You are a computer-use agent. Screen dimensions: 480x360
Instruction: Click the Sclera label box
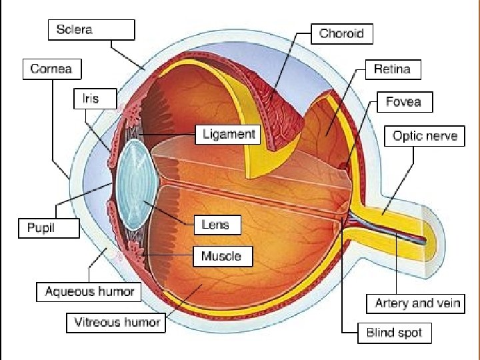click(91, 30)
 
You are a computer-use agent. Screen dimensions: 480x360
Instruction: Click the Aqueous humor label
click(89, 291)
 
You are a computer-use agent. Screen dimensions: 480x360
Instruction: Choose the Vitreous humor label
click(117, 323)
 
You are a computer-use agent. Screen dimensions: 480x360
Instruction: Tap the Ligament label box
click(229, 135)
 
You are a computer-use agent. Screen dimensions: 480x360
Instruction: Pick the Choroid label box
click(341, 33)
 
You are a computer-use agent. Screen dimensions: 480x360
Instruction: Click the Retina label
click(392, 69)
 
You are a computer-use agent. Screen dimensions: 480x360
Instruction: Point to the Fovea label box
click(404, 102)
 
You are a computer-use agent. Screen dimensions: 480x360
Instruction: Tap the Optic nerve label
click(425, 137)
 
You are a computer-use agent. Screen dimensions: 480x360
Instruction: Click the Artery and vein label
click(418, 303)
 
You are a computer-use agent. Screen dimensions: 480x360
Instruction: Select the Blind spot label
click(394, 333)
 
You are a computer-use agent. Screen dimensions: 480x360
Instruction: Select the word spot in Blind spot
click(409, 333)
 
